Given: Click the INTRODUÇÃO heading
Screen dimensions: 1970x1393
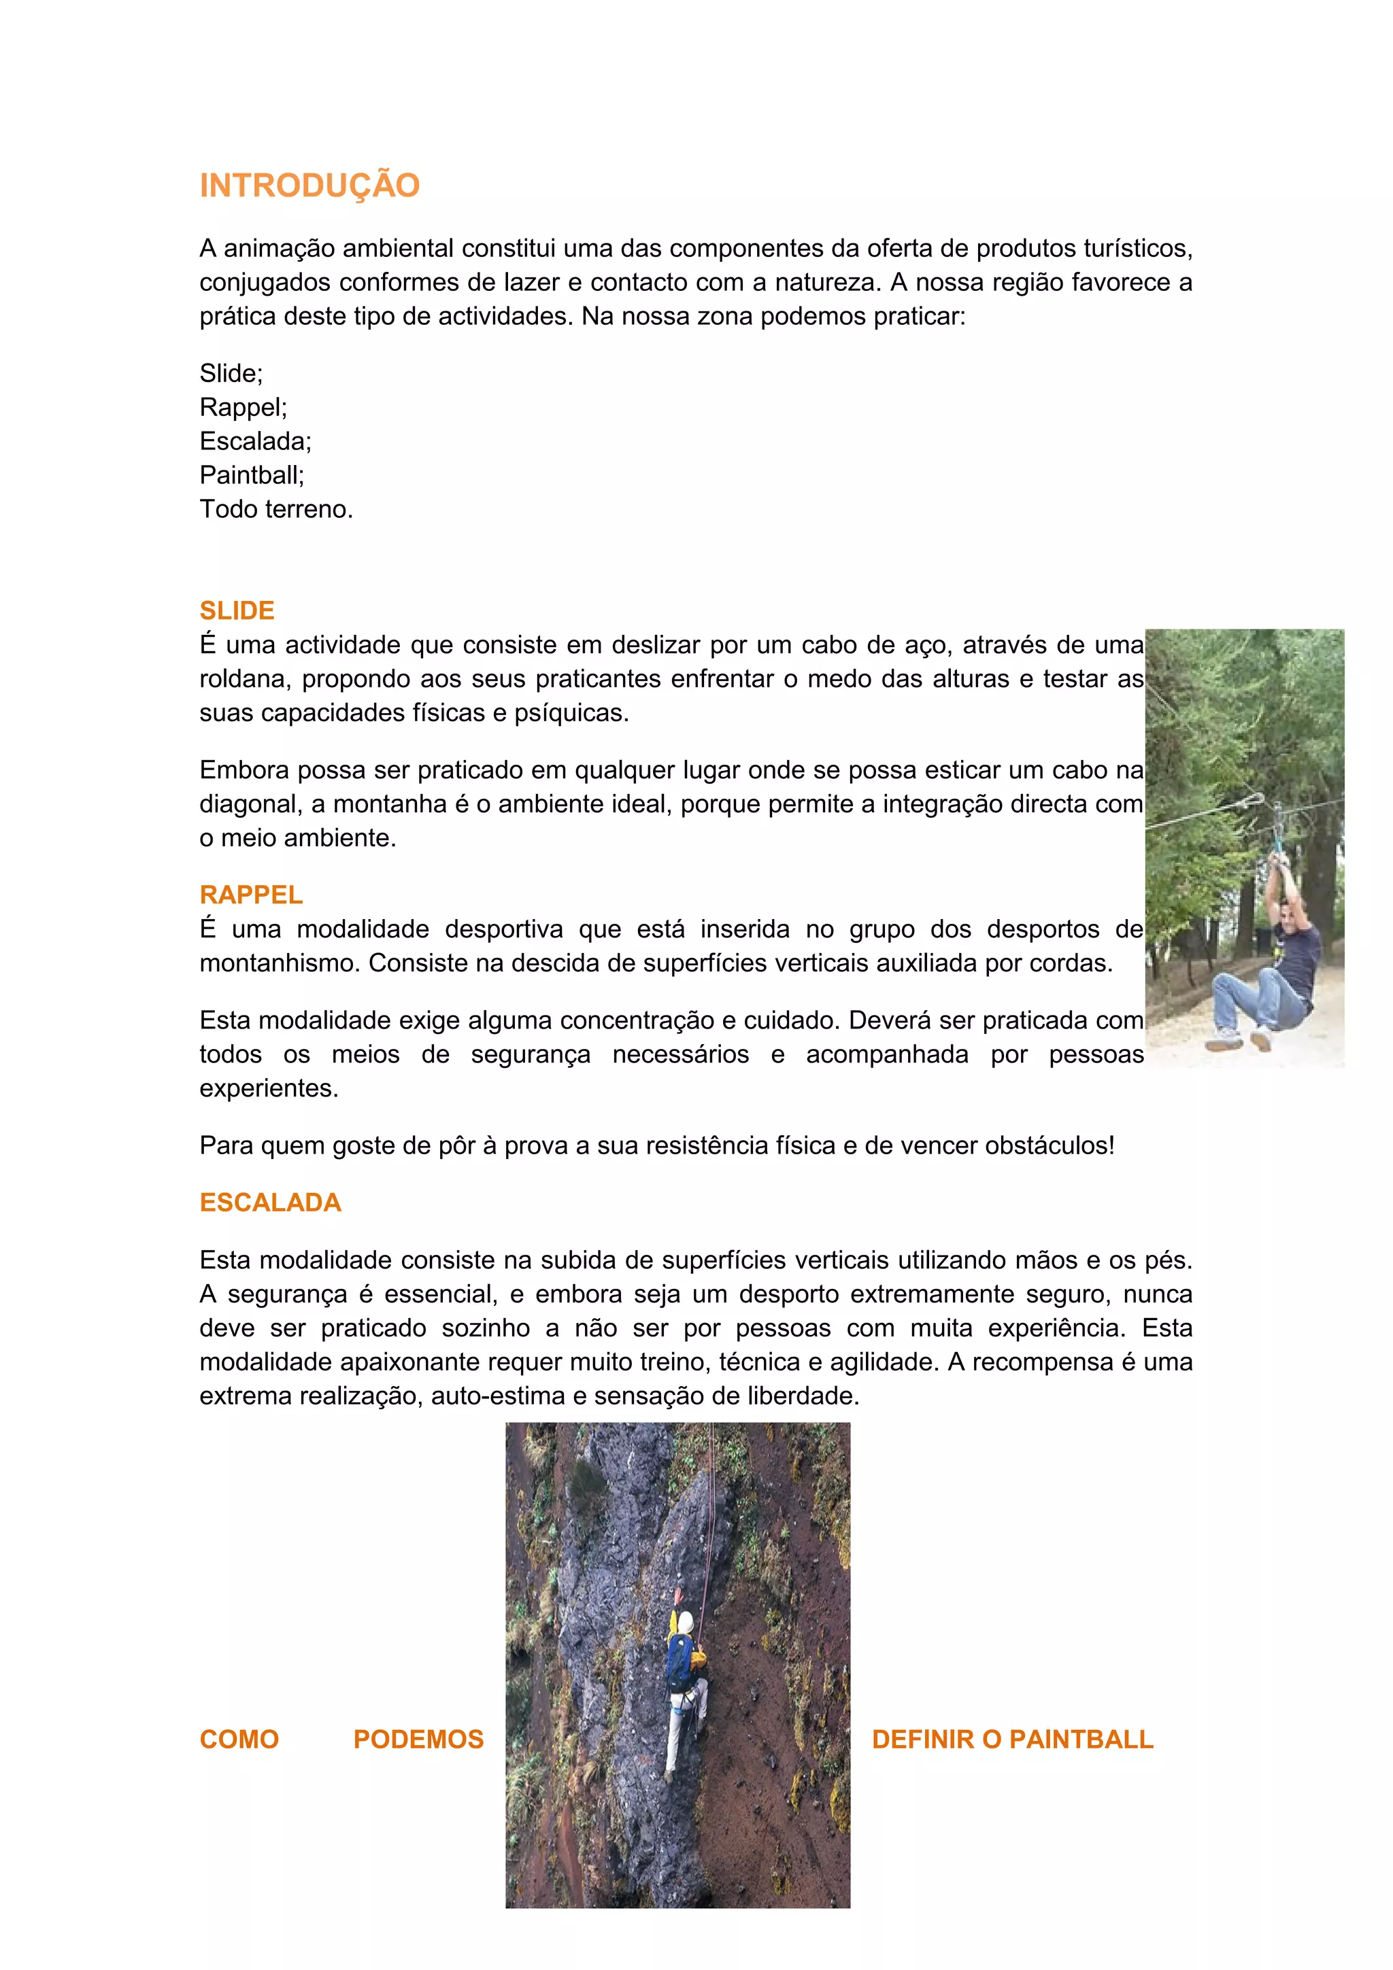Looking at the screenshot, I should tap(309, 186).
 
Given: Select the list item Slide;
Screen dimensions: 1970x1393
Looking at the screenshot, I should tap(231, 373).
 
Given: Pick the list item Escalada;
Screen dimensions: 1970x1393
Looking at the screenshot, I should tap(255, 441).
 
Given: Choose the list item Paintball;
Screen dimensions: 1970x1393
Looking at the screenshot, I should tap(252, 474).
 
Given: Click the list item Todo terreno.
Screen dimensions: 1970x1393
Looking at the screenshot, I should tap(275, 508).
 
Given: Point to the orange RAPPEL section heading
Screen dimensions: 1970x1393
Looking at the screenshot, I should tap(250, 894).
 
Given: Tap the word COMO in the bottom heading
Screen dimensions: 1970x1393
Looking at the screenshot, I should tap(239, 1739).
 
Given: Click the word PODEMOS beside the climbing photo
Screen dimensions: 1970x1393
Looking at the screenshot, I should tap(418, 1739).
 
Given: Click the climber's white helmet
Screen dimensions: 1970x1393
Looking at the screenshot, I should tap(685, 1621).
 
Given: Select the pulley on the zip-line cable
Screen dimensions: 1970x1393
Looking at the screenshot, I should tap(1277, 819).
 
